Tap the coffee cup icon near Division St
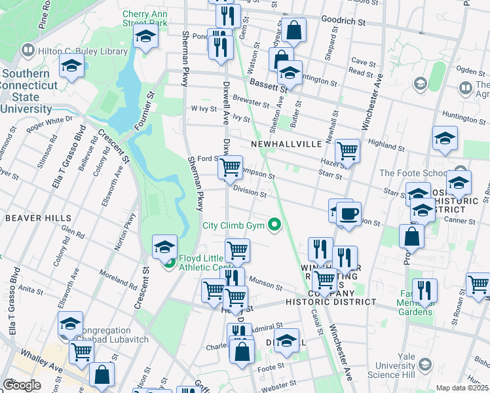coord(349,213)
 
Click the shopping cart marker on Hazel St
coord(347,151)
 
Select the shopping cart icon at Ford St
coord(230,167)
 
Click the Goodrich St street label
coord(342,22)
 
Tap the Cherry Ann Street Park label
coord(145,18)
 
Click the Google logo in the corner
coord(21,385)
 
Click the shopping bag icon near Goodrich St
coord(295,29)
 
